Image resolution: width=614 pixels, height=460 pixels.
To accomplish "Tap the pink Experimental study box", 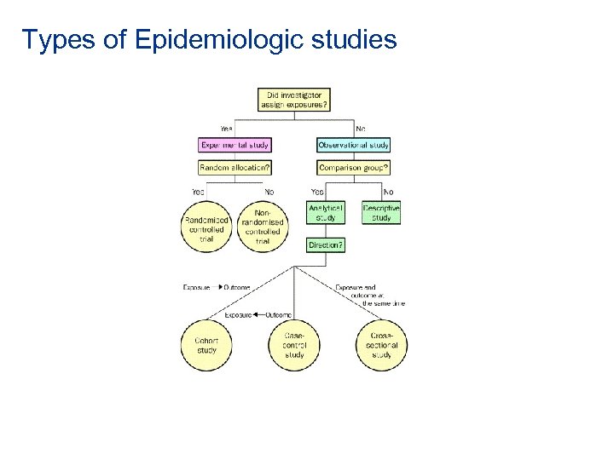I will tap(235, 146).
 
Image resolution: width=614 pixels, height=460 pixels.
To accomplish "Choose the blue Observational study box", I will tap(354, 146).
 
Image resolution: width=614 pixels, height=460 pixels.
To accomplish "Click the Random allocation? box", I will tap(235, 168).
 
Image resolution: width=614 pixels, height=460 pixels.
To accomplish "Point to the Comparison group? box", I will tap(354, 168).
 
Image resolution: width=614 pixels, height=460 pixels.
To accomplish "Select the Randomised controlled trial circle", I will tap(206, 226).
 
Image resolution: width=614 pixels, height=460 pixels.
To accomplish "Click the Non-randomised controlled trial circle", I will tap(263, 226).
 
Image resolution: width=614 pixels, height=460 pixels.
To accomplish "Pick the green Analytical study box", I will tap(325, 212).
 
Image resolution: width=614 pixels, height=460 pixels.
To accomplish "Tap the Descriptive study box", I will tap(381, 212).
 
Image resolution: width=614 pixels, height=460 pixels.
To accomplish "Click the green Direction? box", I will tap(325, 244).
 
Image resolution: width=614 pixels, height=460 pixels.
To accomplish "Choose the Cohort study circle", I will tap(206, 344).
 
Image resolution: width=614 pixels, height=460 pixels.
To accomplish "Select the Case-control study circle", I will tap(294, 344).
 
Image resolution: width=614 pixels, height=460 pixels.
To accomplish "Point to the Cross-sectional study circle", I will tap(381, 344).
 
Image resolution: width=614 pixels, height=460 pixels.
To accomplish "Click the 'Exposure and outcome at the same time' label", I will tap(370, 295).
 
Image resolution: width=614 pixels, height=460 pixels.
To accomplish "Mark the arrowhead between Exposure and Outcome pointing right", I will tap(220, 288).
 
